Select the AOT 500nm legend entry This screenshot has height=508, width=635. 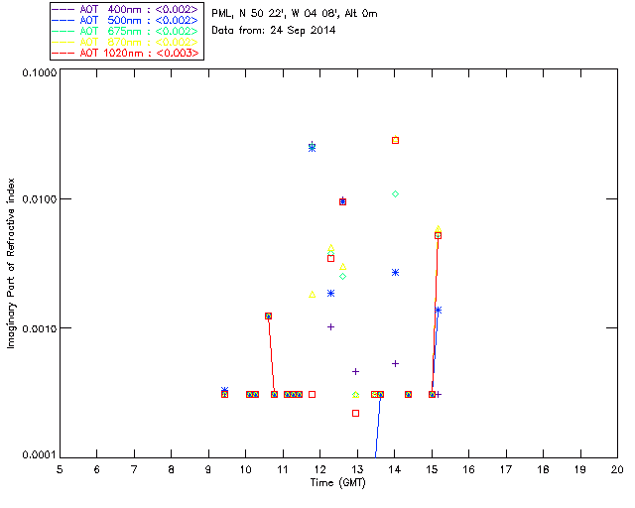click(125, 20)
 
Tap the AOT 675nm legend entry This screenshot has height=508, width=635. click(125, 31)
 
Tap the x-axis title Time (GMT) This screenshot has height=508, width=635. click(338, 481)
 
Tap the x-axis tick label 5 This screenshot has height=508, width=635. click(60, 468)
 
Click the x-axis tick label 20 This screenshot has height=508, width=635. click(617, 468)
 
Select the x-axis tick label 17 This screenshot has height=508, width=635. click(506, 468)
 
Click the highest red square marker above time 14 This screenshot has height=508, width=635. click(395, 140)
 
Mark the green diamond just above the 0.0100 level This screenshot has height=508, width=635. click(395, 193)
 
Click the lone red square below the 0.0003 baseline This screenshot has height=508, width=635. click(355, 413)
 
